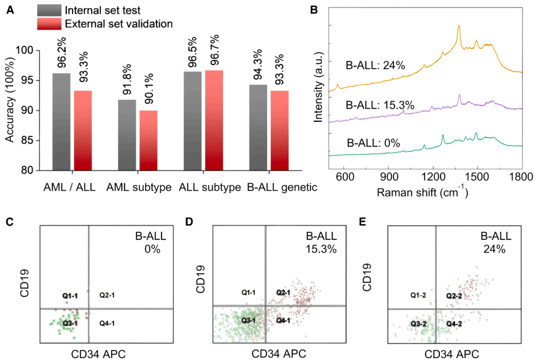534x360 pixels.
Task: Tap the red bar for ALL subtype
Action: (x=214, y=120)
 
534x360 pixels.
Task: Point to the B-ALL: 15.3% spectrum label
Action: (x=380, y=105)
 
